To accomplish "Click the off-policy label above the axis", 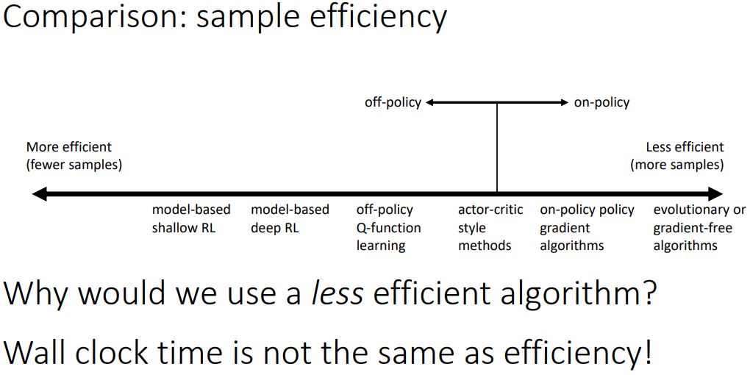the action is (393, 103).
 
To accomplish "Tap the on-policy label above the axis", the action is (601, 103).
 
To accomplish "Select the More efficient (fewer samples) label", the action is (74, 156).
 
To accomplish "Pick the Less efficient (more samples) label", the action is (677, 156).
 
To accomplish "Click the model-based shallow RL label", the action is (191, 219).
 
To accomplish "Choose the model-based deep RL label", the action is (290, 219).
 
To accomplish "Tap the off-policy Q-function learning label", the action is (388, 228).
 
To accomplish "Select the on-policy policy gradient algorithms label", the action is (587, 228).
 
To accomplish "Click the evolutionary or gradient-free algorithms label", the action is (699, 228).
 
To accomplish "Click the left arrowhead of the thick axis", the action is (38, 194).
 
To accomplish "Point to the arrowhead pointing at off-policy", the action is (430, 103).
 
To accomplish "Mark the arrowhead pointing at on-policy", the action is (564, 103).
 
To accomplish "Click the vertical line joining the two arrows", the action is (497, 147).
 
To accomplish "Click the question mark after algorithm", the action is (648, 294).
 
